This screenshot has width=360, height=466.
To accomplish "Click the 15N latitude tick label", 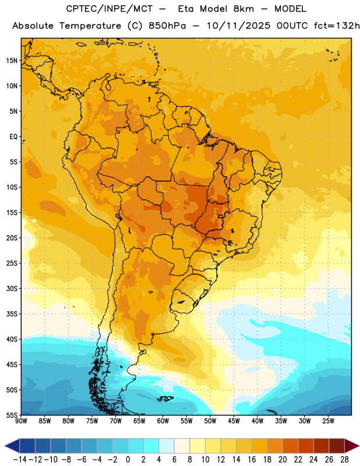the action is pos(12,61).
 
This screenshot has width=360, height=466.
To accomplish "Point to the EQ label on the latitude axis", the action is pos(13,137).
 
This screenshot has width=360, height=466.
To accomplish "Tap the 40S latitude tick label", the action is pos(12,339).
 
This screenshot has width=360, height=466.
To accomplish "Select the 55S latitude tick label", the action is pos(12,415).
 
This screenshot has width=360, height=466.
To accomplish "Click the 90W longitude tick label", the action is pos(21,421).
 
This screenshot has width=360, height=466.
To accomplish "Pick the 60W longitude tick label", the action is pos(163,421).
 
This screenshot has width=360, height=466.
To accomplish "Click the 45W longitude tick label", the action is pos(234,421).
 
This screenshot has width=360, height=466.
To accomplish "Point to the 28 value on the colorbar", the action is pos(344,460).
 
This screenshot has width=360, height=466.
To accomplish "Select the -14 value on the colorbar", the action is pos(20,460).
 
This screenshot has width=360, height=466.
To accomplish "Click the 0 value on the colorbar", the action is pos(128,460).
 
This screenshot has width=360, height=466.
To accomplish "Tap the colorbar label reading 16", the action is pos(252,460).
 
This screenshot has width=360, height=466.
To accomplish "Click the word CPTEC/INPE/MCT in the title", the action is pos(110,9).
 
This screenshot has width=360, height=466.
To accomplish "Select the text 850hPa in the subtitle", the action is pos(167,26).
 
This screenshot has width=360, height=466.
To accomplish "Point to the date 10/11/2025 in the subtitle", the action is pos(238,26).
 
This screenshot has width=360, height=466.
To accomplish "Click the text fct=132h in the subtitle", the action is pos(337,26).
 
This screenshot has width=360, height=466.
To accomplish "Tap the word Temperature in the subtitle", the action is pos(90,26).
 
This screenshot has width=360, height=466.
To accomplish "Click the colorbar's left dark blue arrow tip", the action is pos(5,446).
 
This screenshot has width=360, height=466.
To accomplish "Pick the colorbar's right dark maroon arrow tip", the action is pos(359,446).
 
